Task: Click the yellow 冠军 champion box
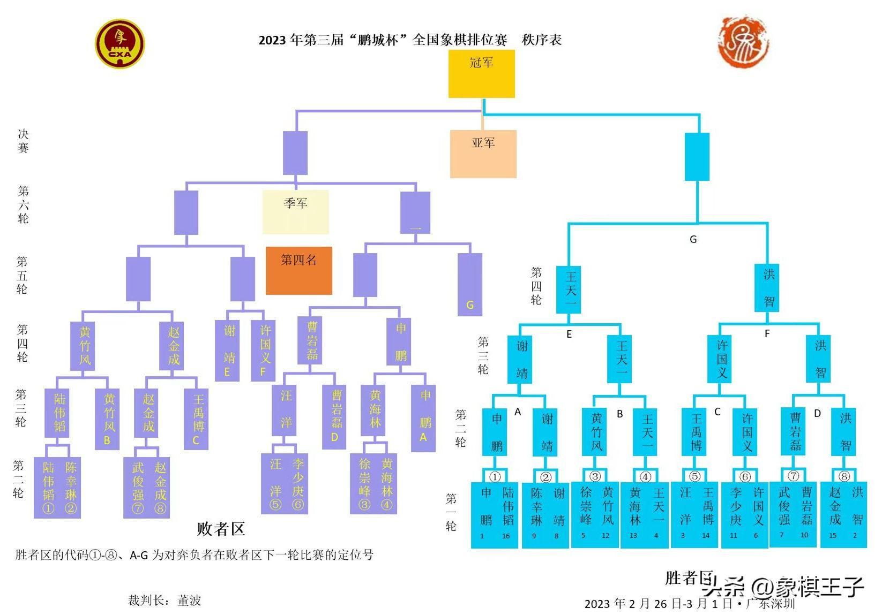[x=481, y=73]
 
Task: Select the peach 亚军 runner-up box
[x=483, y=154]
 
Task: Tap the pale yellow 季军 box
[x=295, y=212]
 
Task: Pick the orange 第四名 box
[x=298, y=270]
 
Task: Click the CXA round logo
[x=120, y=44]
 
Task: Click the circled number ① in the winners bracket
[x=495, y=476]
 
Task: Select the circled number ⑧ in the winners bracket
[x=844, y=476]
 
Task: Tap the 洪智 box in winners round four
[x=769, y=288]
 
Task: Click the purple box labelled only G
[x=469, y=284]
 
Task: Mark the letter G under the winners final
[x=693, y=239]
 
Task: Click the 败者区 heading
[x=221, y=529]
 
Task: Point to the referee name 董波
[x=189, y=600]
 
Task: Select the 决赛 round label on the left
[x=23, y=141]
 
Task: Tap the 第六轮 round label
[x=23, y=204]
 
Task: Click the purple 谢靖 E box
[x=227, y=351]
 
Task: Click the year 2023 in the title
[x=272, y=40]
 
